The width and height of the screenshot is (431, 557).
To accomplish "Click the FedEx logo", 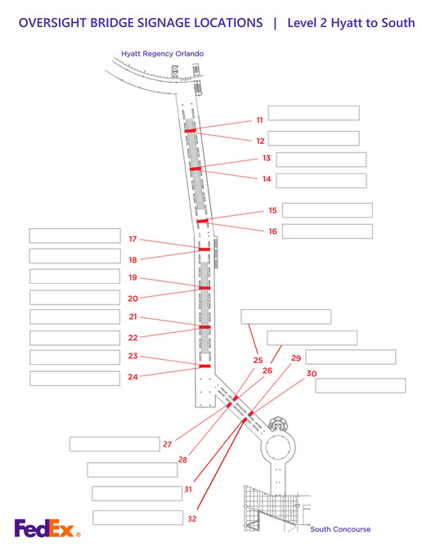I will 47,529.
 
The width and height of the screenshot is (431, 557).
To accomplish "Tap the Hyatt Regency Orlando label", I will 163,53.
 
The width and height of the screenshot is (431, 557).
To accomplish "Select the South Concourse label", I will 339,529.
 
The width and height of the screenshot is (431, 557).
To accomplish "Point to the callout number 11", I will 258,120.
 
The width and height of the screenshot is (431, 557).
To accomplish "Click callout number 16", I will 272,231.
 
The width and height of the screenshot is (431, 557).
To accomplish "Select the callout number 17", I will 132,239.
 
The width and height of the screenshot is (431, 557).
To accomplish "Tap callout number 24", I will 132,377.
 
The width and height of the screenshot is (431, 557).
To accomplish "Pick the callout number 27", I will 168,444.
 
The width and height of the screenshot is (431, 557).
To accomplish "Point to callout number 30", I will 312,373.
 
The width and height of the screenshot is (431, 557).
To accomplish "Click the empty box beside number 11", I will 313,113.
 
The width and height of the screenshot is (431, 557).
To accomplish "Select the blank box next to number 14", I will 321,180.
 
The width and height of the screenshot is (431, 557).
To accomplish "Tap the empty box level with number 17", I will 74,236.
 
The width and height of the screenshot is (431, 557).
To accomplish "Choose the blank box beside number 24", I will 74,378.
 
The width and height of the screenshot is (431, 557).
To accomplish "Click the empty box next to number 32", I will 137,517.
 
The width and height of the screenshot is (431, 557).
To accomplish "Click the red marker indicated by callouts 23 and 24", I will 205,366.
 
